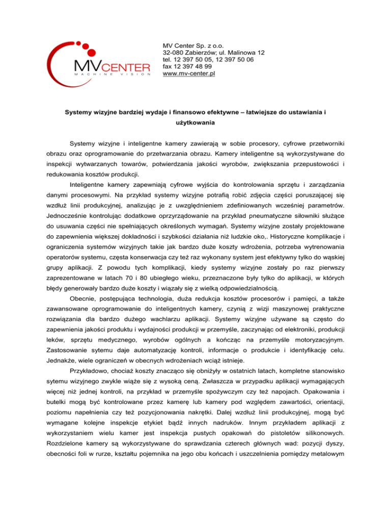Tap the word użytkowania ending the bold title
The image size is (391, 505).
tap(195, 122)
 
